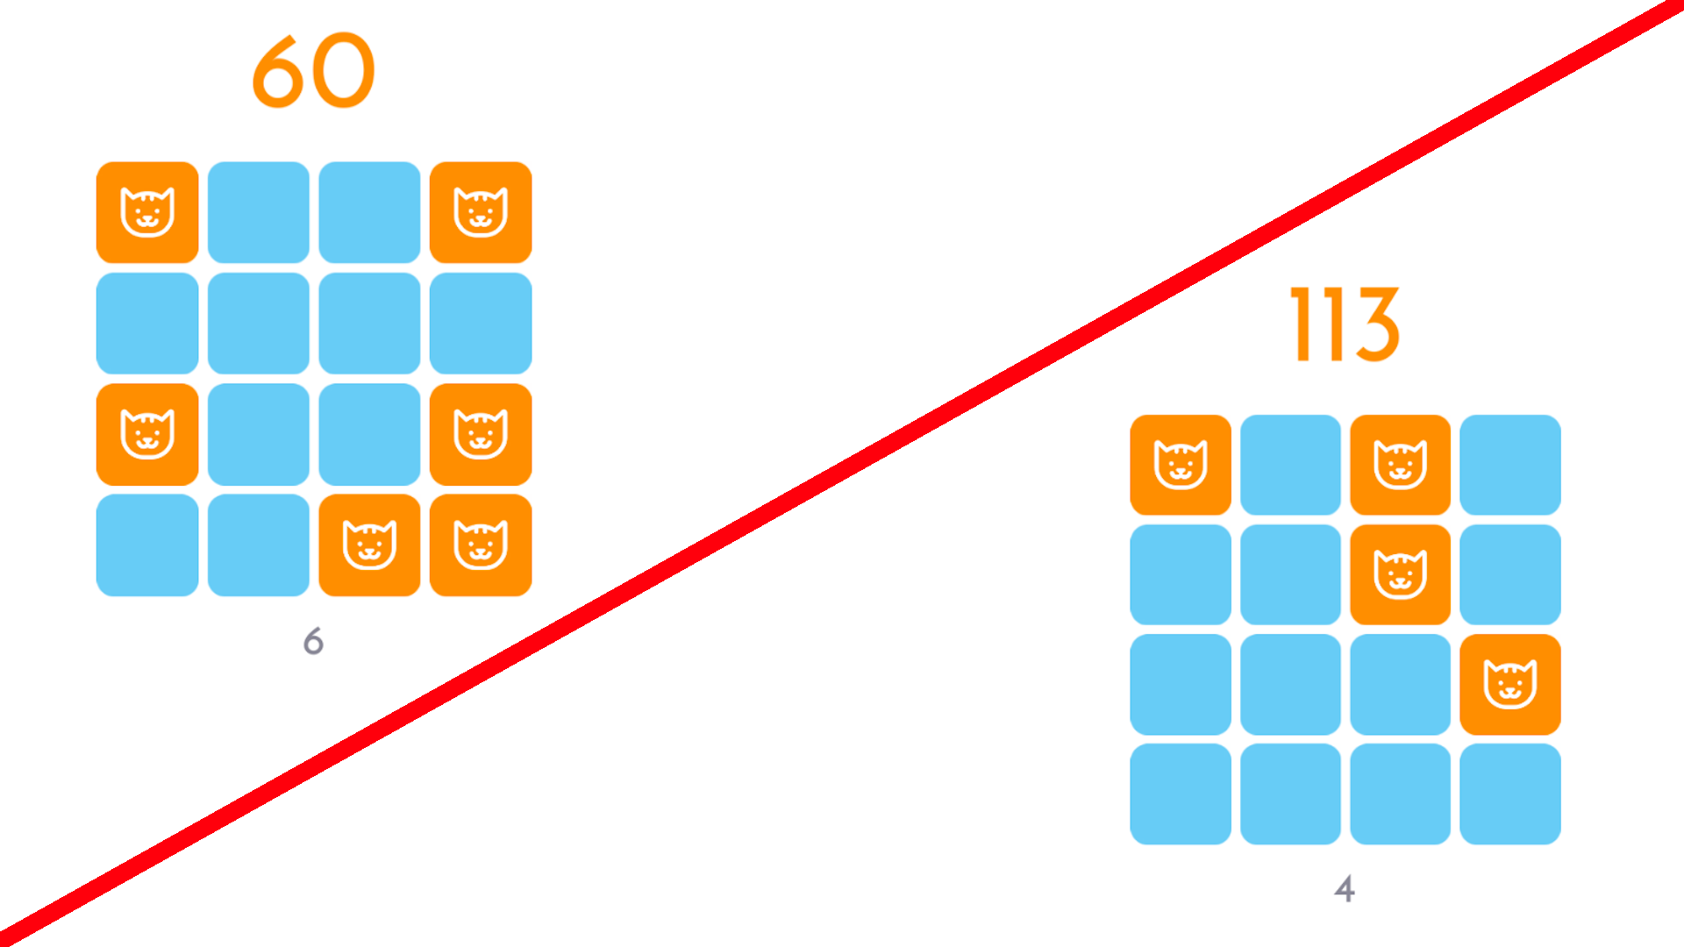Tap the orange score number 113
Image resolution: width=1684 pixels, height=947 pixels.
point(1345,324)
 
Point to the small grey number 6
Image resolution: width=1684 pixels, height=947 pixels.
point(313,641)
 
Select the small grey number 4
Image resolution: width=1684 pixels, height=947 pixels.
point(1345,888)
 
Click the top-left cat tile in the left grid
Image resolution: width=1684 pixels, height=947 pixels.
point(147,212)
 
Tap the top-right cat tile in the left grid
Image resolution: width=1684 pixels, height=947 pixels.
point(481,212)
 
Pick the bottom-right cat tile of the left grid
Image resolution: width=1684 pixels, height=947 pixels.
point(481,545)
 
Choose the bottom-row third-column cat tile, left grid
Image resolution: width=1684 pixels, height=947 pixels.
point(369,545)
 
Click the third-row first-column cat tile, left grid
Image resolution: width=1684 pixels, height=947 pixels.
point(147,434)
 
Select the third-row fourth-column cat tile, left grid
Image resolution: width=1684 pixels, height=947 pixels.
point(481,434)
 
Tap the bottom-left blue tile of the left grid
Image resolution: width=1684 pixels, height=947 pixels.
point(147,545)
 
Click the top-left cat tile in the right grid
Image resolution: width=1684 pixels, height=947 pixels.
point(1181,465)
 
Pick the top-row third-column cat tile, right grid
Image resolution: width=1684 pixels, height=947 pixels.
point(1401,465)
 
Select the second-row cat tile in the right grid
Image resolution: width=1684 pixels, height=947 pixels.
point(1401,574)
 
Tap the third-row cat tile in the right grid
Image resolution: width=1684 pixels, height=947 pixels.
point(1510,685)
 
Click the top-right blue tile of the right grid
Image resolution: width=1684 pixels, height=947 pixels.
point(1510,465)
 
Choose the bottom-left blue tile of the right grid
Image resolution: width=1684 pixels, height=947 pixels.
point(1181,794)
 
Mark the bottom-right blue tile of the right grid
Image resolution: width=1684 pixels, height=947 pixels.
point(1510,794)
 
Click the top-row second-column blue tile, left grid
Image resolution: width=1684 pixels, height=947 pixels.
point(259,212)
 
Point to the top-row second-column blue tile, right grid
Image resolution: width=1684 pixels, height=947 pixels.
point(1290,465)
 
